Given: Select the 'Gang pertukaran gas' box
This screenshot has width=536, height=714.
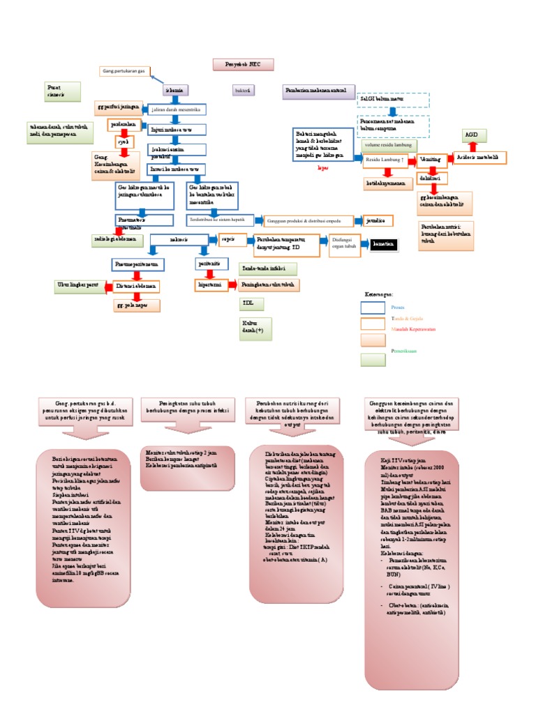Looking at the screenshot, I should [124, 71].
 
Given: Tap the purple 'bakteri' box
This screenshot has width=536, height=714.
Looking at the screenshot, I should [243, 91].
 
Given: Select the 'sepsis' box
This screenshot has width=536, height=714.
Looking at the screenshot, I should [228, 239].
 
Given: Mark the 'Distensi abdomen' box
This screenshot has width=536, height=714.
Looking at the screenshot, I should [136, 287].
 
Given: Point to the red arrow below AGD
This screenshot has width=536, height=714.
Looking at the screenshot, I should [473, 148].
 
